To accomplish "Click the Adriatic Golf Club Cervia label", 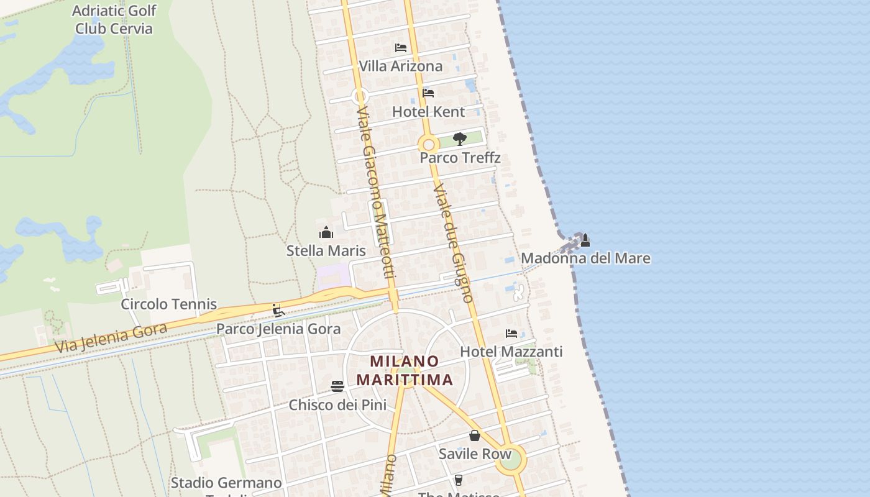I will [114, 19].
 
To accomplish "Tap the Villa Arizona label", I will [401, 66].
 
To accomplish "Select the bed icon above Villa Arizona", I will [401, 48].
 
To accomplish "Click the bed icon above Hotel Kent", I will [428, 93].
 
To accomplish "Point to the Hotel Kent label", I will [428, 112].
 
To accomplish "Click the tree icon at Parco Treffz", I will [460, 139].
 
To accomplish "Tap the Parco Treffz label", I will [460, 158].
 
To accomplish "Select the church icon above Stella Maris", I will [326, 233].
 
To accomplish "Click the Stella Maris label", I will [326, 251].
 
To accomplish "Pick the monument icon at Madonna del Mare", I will [585, 240].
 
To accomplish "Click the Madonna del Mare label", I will [585, 258].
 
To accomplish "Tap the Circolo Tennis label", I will [168, 304].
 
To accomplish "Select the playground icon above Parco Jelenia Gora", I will [278, 311].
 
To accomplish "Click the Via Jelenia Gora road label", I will [111, 338].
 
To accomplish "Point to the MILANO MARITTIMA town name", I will [405, 370].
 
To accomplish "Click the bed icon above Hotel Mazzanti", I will [511, 334].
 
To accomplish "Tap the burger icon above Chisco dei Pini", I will [337, 386].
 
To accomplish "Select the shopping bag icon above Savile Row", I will [475, 435].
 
